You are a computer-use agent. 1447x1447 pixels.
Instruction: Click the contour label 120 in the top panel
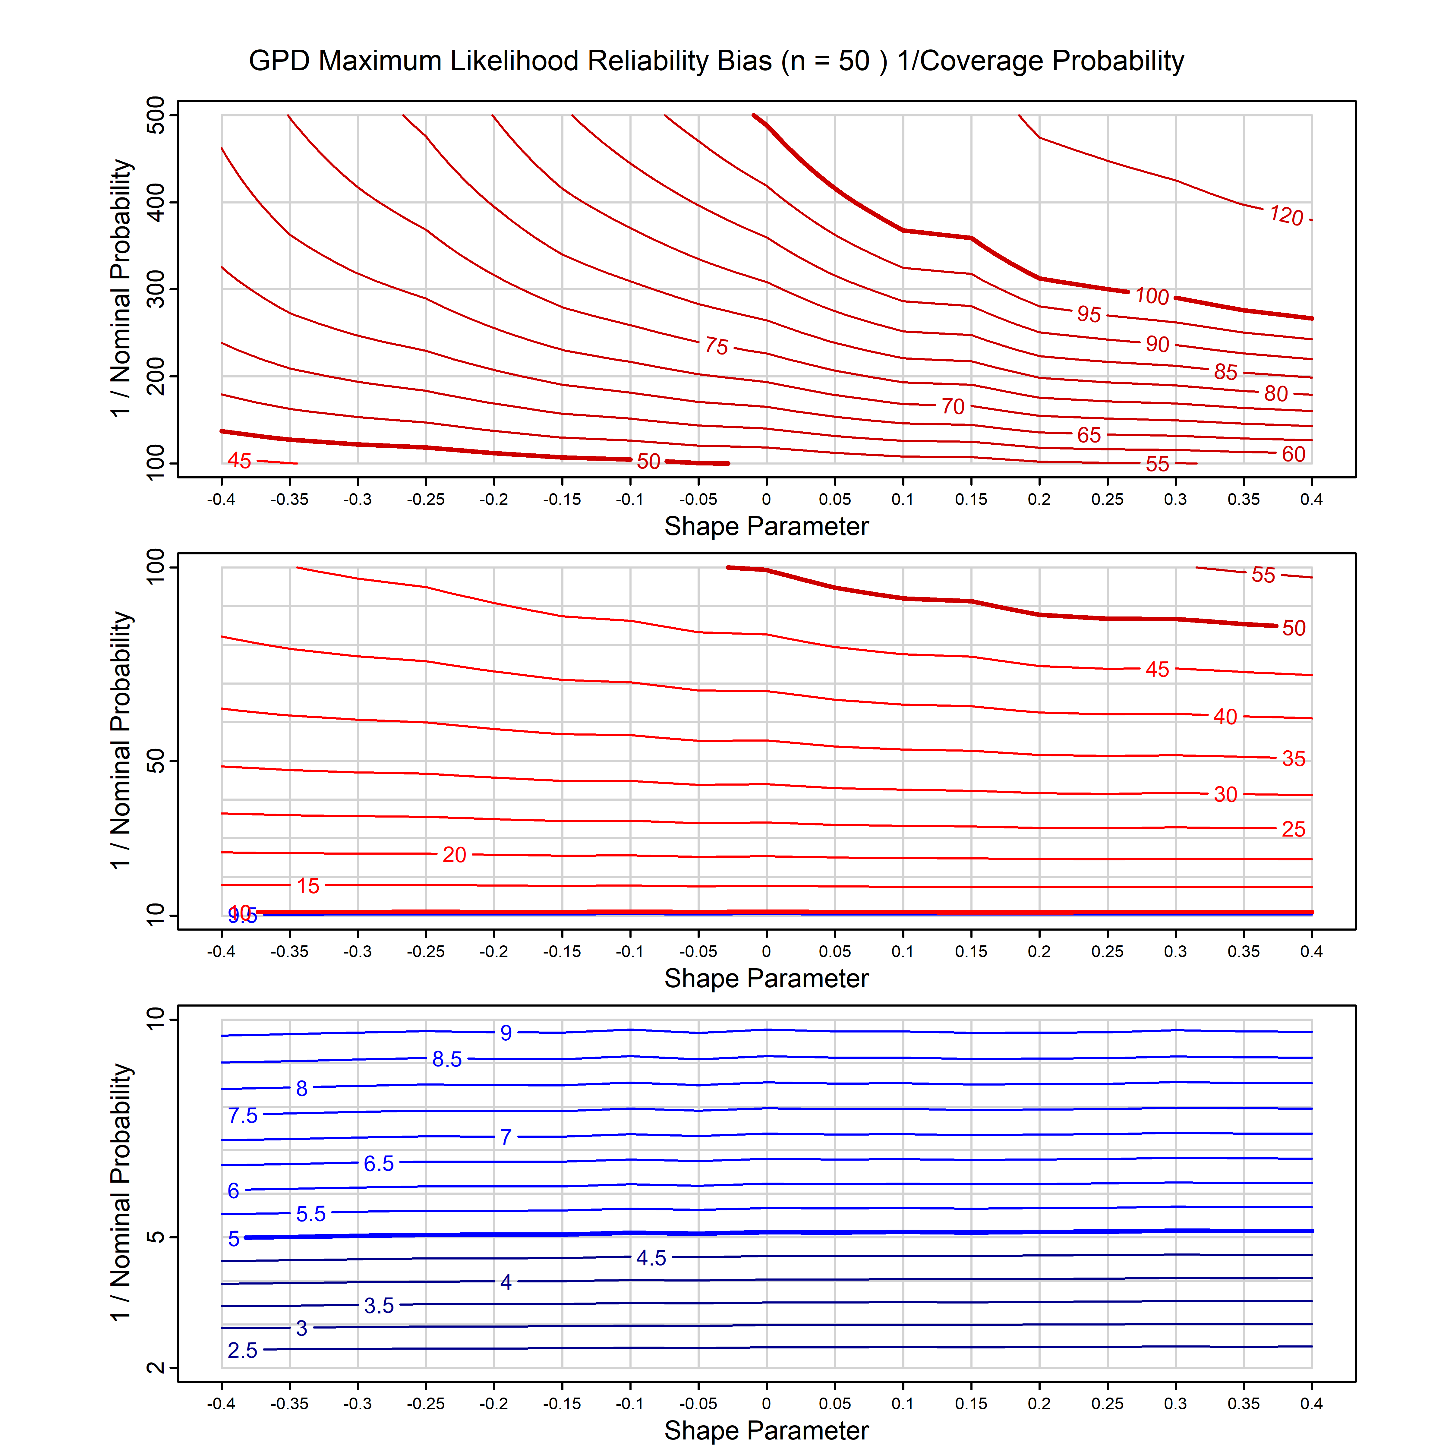(x=1286, y=216)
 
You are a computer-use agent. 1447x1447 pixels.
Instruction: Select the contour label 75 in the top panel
(x=716, y=346)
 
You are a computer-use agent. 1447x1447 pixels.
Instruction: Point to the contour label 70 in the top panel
(x=953, y=407)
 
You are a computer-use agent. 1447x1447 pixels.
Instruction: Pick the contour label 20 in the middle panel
(x=454, y=855)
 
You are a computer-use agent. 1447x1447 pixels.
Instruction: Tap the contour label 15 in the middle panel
(x=308, y=886)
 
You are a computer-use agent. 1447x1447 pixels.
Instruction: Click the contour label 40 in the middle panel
(x=1225, y=717)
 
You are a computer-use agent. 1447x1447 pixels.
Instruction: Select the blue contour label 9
(x=506, y=1033)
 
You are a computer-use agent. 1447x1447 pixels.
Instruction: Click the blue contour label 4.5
(x=651, y=1257)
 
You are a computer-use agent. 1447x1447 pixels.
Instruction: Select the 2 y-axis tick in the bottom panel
(x=156, y=1368)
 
